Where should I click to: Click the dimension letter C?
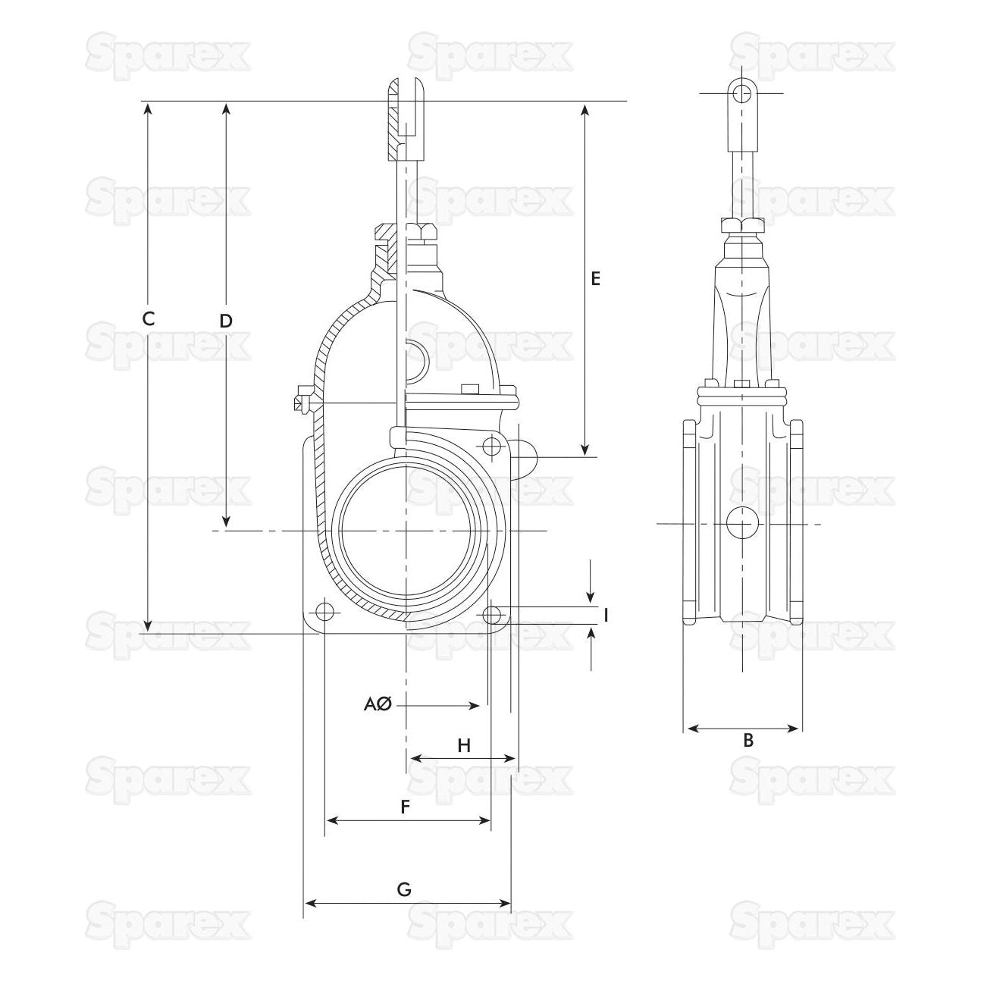(x=149, y=319)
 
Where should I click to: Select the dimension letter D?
(x=225, y=321)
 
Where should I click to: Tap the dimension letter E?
(x=596, y=278)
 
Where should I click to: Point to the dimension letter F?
(x=406, y=808)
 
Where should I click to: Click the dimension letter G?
(x=405, y=889)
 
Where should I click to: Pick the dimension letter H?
(x=464, y=746)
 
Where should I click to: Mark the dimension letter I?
(x=606, y=615)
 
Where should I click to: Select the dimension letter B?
(x=748, y=740)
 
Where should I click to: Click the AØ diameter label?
(x=377, y=705)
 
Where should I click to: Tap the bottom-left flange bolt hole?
(x=324, y=611)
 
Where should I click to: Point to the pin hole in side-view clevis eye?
(x=744, y=93)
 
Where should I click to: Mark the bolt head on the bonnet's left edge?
(x=303, y=399)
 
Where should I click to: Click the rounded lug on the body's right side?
(x=525, y=456)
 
